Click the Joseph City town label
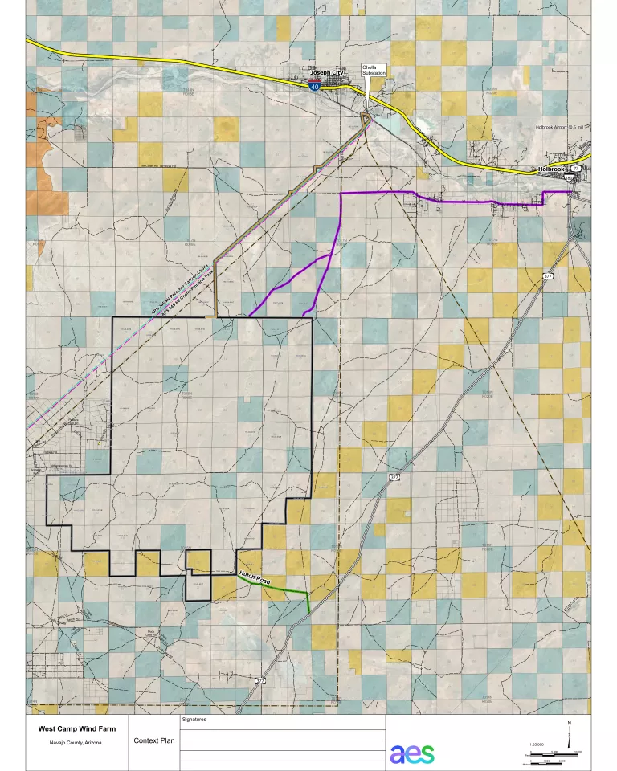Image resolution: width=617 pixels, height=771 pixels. pos(326,72)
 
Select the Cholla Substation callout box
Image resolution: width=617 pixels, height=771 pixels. pos(374,70)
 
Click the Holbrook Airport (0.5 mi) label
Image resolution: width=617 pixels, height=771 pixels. pos(562,127)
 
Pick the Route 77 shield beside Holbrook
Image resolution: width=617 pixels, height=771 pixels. pos(575,168)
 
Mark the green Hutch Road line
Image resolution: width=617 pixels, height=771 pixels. pos(281,589)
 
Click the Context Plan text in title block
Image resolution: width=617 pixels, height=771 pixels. pos(153,740)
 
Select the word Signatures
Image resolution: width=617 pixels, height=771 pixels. pos(195,720)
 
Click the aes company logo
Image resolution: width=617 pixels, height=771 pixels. pos(412,753)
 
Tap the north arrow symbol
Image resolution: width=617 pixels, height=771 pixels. pos(570,732)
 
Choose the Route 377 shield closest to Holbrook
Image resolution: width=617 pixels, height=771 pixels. pos(548,275)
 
